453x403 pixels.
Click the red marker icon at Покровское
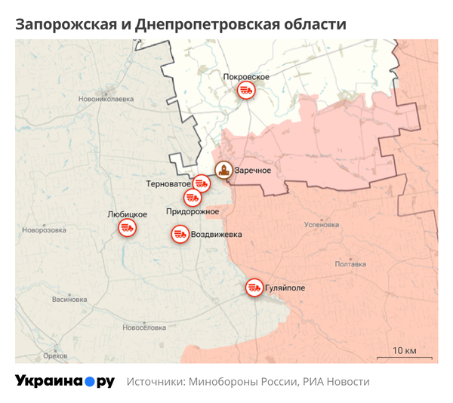[x=246, y=91]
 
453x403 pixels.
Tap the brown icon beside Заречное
[x=223, y=171]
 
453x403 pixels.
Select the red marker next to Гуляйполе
[x=254, y=288]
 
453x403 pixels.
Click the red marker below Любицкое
[x=126, y=228]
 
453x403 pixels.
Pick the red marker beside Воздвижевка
[x=180, y=235]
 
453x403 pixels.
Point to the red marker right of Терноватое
[x=201, y=183]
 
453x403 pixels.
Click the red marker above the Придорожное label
[x=193, y=198]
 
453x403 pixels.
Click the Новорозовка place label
[x=45, y=231]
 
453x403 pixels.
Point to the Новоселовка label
[x=143, y=328]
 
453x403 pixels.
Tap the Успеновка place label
[x=321, y=225]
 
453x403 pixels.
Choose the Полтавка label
[x=350, y=264]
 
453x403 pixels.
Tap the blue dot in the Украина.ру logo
[x=90, y=382]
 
